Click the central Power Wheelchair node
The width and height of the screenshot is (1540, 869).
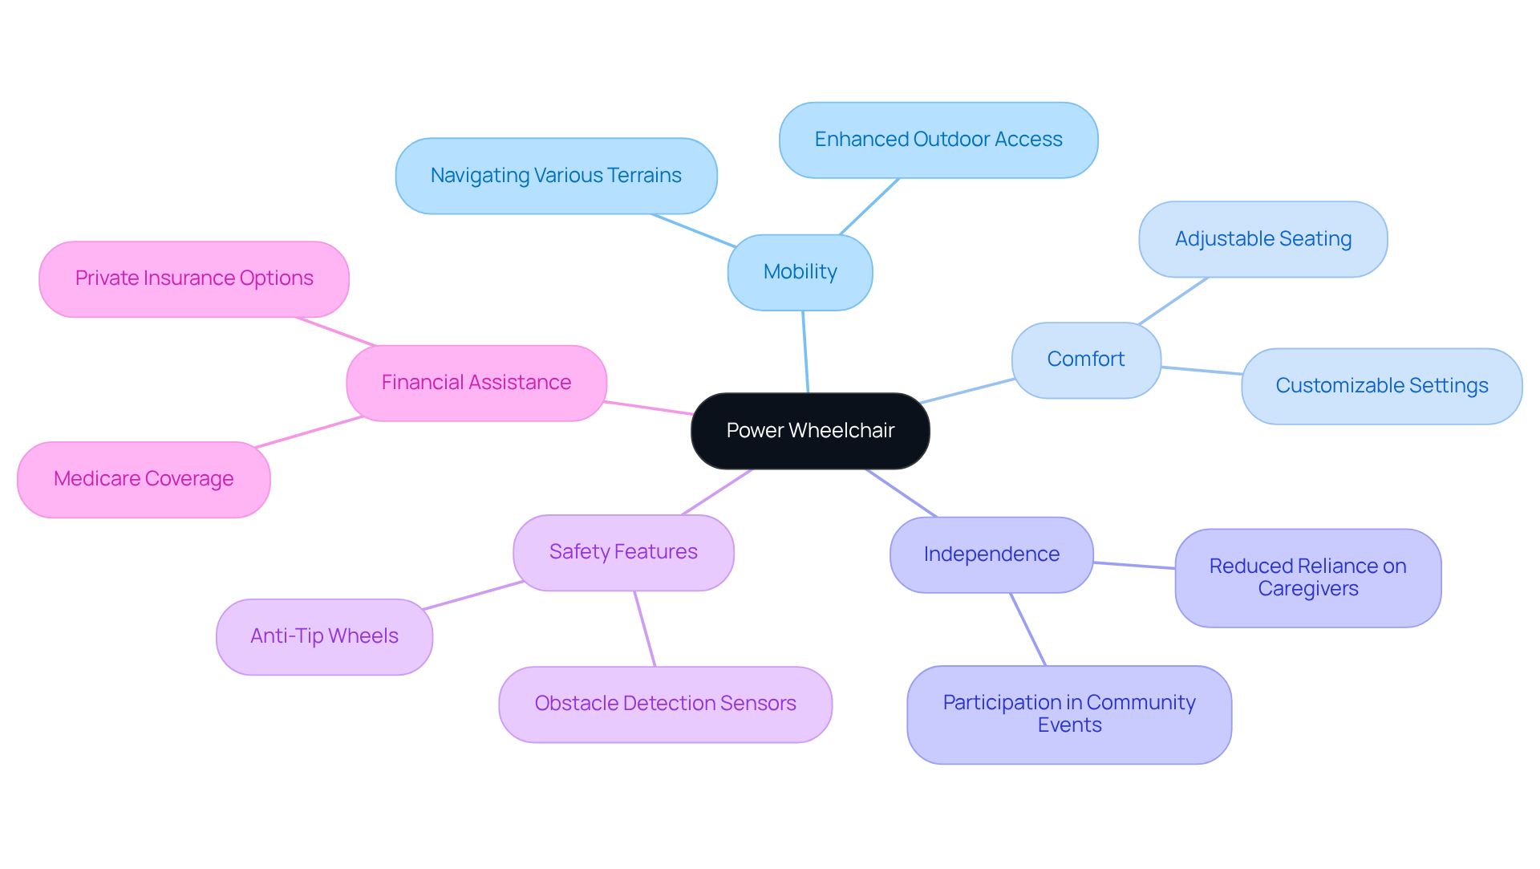[810, 431]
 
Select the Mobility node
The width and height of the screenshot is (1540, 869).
[800, 272]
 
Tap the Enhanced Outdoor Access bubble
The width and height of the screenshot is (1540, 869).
[938, 140]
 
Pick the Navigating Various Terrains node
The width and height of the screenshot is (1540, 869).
[556, 176]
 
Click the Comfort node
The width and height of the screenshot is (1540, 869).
[1085, 359]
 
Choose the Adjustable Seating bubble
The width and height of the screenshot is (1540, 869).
[1262, 239]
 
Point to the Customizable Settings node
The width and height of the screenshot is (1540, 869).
[1381, 386]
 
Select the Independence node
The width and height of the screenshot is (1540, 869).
[991, 554]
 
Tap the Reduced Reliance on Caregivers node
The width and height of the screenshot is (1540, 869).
[1307, 578]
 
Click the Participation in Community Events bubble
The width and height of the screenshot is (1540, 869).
[1068, 714]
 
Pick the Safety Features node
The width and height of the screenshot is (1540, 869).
[623, 552]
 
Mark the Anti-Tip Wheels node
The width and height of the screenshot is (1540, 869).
[324, 636]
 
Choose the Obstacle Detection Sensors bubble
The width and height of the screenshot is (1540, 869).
[665, 704]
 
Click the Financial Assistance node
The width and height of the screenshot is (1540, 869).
[476, 383]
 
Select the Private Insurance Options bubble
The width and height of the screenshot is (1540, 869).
[194, 278]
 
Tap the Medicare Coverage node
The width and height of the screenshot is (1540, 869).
[144, 479]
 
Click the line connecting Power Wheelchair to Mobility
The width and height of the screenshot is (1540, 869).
[805, 352]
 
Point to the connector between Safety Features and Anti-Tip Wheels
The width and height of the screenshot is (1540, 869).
[473, 595]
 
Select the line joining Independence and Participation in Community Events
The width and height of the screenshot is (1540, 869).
[1027, 629]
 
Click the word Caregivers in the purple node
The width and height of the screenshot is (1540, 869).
[1307, 589]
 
